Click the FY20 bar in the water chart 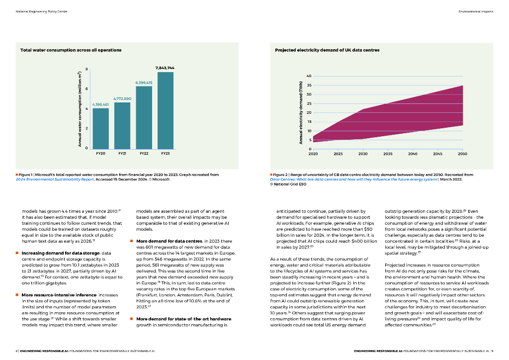(100, 128)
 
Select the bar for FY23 (166, 110)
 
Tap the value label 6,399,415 (144, 82)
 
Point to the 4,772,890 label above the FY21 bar (122, 98)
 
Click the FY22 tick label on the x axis (144, 154)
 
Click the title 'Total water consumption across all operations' (71, 50)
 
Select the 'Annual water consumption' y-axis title (79, 109)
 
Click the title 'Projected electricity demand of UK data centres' (327, 50)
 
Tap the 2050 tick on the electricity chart (462, 154)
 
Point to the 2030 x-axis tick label (363, 154)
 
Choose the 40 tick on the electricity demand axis (308, 76)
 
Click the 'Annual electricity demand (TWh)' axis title (300, 112)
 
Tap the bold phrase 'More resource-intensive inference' (50, 295)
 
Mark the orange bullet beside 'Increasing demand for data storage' (17, 253)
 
